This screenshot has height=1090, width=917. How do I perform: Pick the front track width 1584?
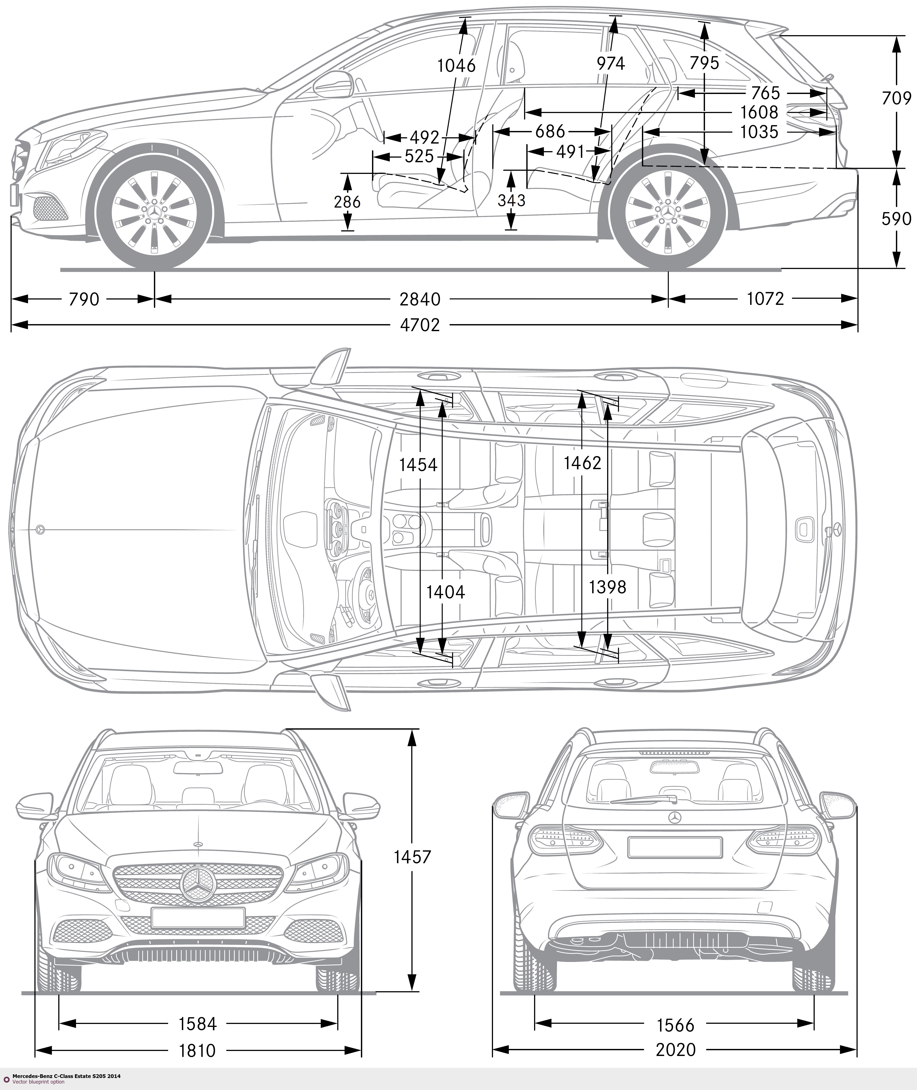point(198,1024)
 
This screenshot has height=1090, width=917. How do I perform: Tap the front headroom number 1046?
point(456,65)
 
